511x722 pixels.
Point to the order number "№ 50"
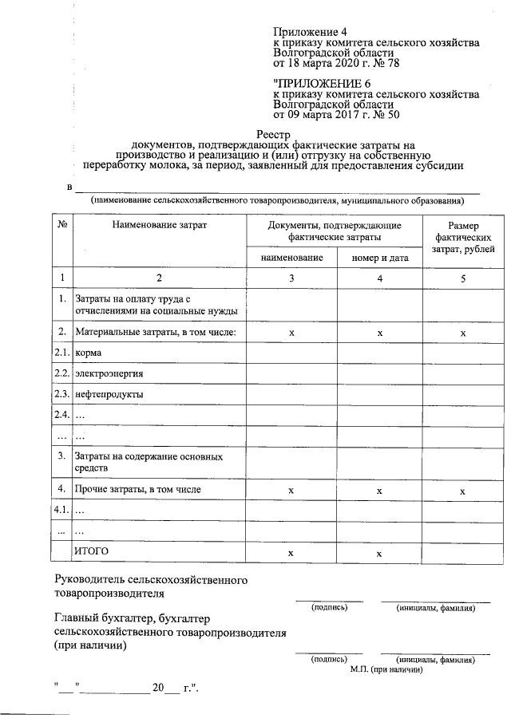pyautogui.click(x=382, y=114)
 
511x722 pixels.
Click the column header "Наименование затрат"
pyautogui.click(x=160, y=226)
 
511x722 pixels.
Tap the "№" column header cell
pyautogui.click(x=61, y=226)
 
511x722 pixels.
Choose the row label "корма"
pyautogui.click(x=88, y=352)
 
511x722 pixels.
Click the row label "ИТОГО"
pyautogui.click(x=90, y=551)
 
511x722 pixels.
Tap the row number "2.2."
pyautogui.click(x=61, y=373)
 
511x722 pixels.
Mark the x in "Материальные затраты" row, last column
pyautogui.click(x=463, y=332)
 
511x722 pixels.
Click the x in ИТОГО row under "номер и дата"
pyautogui.click(x=379, y=552)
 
